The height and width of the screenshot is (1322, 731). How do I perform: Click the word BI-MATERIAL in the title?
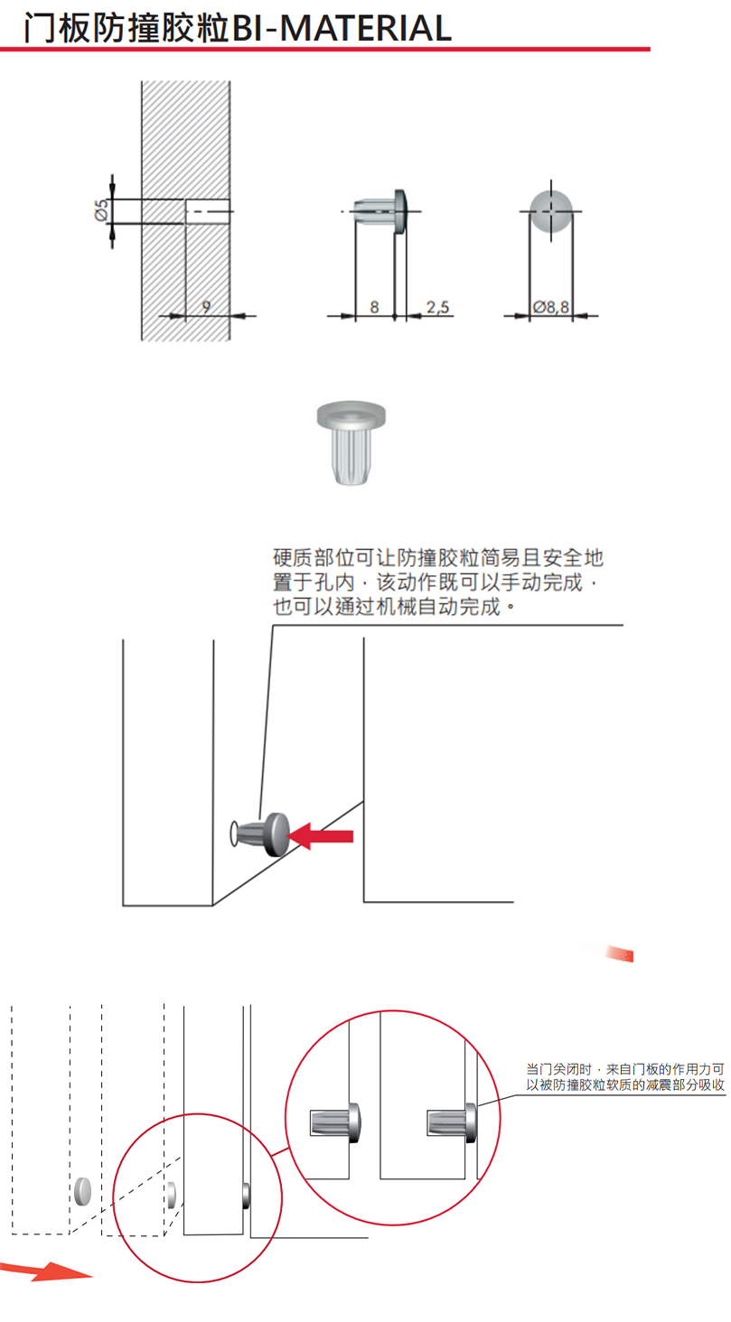[342, 29]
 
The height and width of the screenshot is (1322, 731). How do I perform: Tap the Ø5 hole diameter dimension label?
[100, 210]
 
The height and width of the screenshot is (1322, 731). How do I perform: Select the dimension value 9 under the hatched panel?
[206, 307]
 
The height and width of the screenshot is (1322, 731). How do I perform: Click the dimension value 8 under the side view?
[374, 307]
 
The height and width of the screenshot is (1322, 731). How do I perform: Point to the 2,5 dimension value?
[437, 307]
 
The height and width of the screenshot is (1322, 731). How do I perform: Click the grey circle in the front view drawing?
[550, 210]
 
